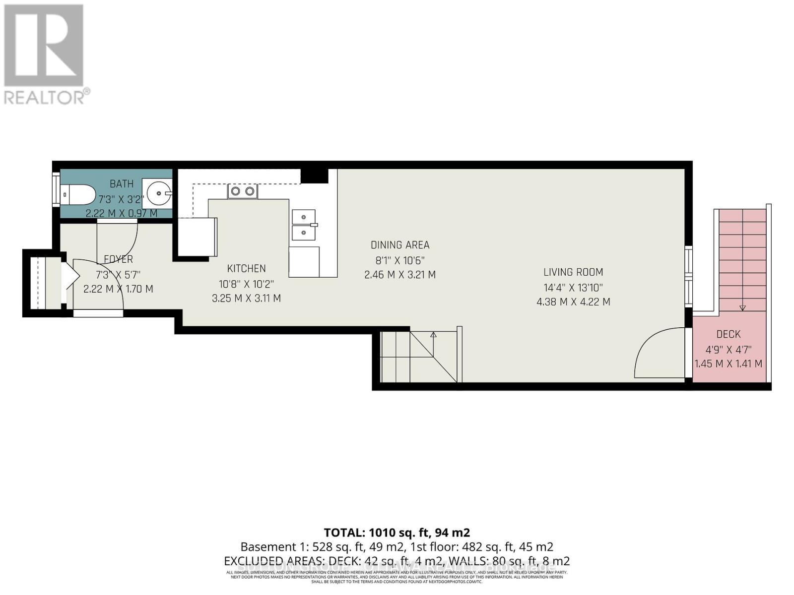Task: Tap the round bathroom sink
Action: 157,193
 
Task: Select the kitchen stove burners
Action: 243,191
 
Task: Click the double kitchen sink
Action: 304,225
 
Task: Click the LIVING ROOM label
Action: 573,272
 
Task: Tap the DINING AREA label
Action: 400,245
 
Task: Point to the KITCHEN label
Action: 246,268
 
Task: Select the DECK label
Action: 728,334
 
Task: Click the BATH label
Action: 122,184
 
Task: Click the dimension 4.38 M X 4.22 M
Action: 573,301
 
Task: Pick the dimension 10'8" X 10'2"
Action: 246,284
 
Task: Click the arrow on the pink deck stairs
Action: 742,307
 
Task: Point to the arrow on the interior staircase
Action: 433,335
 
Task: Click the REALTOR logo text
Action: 47,97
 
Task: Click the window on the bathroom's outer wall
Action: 56,190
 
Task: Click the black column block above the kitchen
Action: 315,175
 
